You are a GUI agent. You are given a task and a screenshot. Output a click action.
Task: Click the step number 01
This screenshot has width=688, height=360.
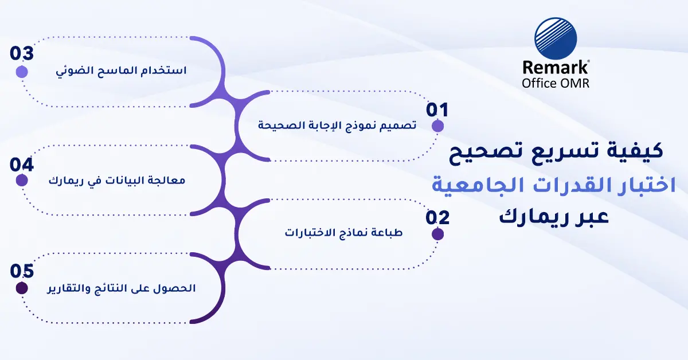[x=437, y=109]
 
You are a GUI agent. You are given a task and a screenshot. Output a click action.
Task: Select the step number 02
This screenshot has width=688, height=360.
[x=437, y=218]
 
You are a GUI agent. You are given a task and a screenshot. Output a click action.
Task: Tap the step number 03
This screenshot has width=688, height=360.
[x=22, y=53]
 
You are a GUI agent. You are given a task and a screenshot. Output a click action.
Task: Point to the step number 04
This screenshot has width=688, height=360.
[x=22, y=165]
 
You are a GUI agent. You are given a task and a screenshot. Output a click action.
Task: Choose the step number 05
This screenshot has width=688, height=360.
[x=22, y=271]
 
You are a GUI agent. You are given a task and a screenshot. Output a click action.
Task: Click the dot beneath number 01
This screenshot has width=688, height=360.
[x=437, y=126]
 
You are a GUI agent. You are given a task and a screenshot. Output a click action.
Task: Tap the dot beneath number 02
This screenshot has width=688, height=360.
[x=437, y=234]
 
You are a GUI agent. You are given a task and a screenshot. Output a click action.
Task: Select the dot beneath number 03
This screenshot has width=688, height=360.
[x=22, y=72]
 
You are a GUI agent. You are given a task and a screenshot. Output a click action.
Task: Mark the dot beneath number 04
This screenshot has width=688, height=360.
[x=22, y=181]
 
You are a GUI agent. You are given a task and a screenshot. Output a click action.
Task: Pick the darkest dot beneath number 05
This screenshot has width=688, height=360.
[x=22, y=288]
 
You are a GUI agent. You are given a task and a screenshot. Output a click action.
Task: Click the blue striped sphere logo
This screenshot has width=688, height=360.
[x=556, y=38]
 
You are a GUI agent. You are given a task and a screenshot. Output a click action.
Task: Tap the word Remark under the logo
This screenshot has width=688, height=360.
[x=556, y=68]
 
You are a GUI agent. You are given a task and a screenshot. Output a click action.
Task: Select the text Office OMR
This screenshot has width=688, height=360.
[x=556, y=84]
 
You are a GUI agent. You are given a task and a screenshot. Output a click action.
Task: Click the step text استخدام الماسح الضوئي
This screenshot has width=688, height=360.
[x=122, y=71]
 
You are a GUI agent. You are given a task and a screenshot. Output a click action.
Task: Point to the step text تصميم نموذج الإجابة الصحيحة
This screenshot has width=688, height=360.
[x=337, y=126]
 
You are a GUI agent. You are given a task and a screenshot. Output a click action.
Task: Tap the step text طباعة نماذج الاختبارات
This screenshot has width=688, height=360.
[x=343, y=233]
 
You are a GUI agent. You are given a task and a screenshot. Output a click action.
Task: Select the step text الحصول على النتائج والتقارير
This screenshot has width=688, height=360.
[x=122, y=289]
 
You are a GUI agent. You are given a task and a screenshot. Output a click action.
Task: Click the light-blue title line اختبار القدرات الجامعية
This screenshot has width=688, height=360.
[x=554, y=185]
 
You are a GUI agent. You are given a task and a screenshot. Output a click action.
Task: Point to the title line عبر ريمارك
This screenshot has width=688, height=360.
[x=554, y=217]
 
